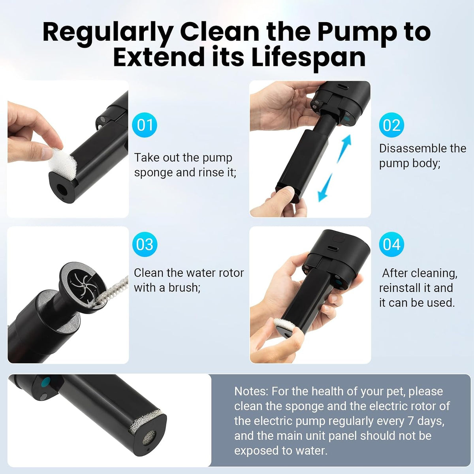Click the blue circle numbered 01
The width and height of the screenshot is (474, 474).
[x=145, y=125]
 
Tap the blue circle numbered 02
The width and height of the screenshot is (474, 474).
[x=391, y=125]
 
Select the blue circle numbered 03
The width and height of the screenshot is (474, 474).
[x=145, y=244]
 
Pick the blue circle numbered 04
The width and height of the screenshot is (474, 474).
[x=391, y=244]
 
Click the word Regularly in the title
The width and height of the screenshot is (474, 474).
[x=107, y=33]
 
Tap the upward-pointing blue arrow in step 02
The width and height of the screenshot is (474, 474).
[x=344, y=149]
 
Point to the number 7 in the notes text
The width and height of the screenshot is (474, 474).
[x=410, y=421]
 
